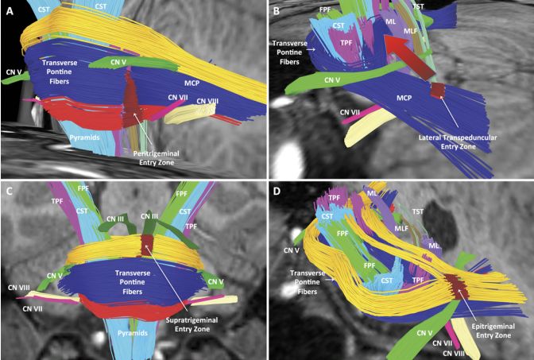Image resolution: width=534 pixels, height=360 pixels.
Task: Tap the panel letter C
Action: coord(10,192)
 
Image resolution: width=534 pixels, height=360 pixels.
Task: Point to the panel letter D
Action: coord(277,192)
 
